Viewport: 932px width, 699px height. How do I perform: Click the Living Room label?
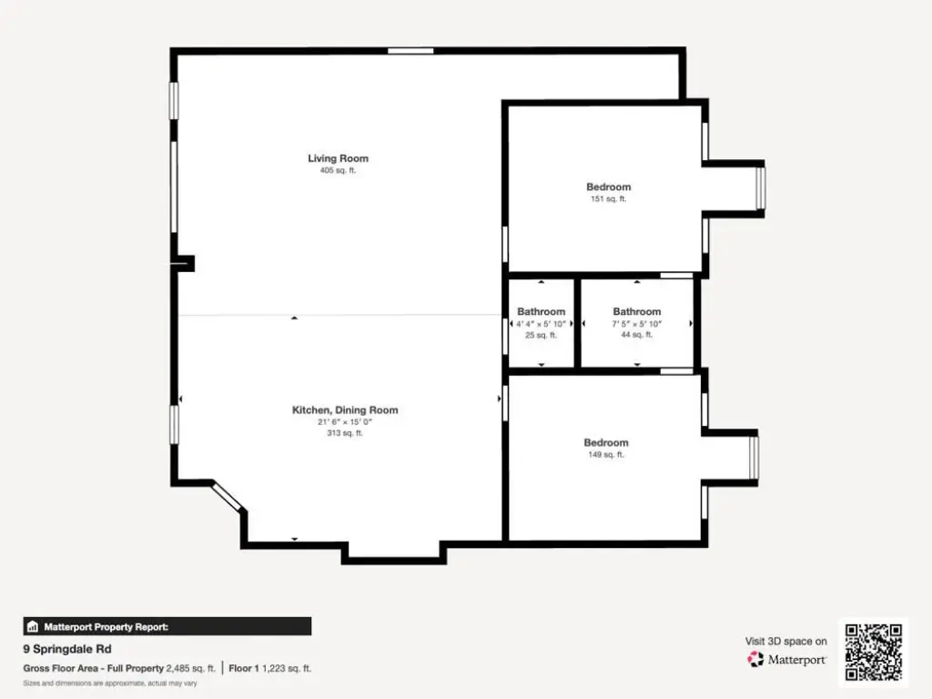tap(338, 158)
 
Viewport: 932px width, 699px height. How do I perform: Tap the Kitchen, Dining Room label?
tap(345, 410)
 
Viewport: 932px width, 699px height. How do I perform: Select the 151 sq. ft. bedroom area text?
tap(608, 198)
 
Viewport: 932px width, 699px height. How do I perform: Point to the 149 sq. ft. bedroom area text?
tap(605, 454)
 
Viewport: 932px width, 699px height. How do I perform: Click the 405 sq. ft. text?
tap(338, 170)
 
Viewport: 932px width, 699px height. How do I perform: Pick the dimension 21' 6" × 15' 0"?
tap(345, 421)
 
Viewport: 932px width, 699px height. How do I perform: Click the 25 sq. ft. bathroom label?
tap(541, 335)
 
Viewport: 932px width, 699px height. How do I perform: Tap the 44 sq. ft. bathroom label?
tap(636, 334)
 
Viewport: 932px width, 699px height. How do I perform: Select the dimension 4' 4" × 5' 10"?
tap(541, 323)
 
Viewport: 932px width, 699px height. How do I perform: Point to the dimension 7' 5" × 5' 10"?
tap(636, 323)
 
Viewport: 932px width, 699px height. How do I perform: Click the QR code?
tap(873, 652)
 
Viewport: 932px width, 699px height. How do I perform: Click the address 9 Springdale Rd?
tap(67, 648)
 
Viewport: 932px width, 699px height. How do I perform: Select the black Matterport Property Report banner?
tap(167, 626)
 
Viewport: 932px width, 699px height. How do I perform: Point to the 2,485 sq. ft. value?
tap(191, 668)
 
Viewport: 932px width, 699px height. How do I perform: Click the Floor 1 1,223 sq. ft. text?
tap(269, 668)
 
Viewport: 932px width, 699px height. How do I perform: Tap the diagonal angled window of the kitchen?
tap(227, 497)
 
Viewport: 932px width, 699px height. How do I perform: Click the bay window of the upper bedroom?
tap(760, 187)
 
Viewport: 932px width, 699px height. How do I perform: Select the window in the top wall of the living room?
tap(410, 51)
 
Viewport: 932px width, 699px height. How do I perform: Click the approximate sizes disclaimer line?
tap(110, 683)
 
